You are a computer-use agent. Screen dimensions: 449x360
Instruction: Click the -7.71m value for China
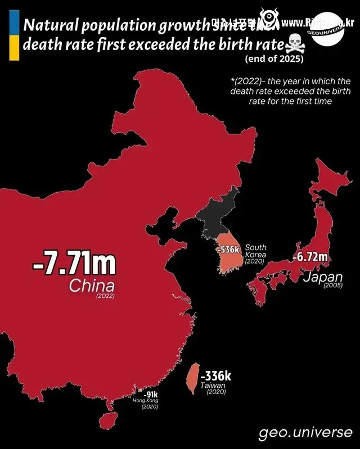(x=74, y=264)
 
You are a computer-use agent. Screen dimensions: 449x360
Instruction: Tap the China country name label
(x=92, y=285)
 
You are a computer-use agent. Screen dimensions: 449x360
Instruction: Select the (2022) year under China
(x=105, y=296)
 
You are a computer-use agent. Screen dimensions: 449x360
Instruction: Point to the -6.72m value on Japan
(x=310, y=257)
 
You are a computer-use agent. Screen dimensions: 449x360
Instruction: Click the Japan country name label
(x=322, y=277)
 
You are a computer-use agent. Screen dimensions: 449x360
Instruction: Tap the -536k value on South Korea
(x=230, y=249)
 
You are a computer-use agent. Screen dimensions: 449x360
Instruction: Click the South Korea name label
(x=256, y=251)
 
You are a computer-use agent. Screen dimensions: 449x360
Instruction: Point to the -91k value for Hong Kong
(x=150, y=394)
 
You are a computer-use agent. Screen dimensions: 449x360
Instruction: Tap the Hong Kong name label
(x=145, y=401)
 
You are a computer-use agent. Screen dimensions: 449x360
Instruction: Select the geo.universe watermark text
(x=306, y=433)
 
